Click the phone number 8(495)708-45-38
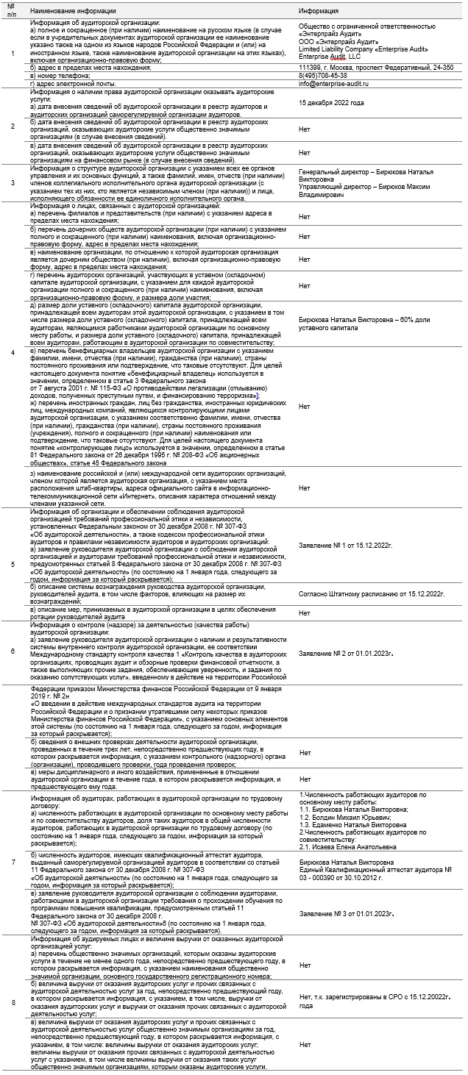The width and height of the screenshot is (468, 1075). [324, 75]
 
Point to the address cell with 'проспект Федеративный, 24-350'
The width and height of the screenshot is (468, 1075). [376, 67]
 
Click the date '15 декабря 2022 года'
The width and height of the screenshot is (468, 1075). [331, 103]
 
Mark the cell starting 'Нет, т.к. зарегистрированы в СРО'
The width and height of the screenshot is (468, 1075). [375, 1001]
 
